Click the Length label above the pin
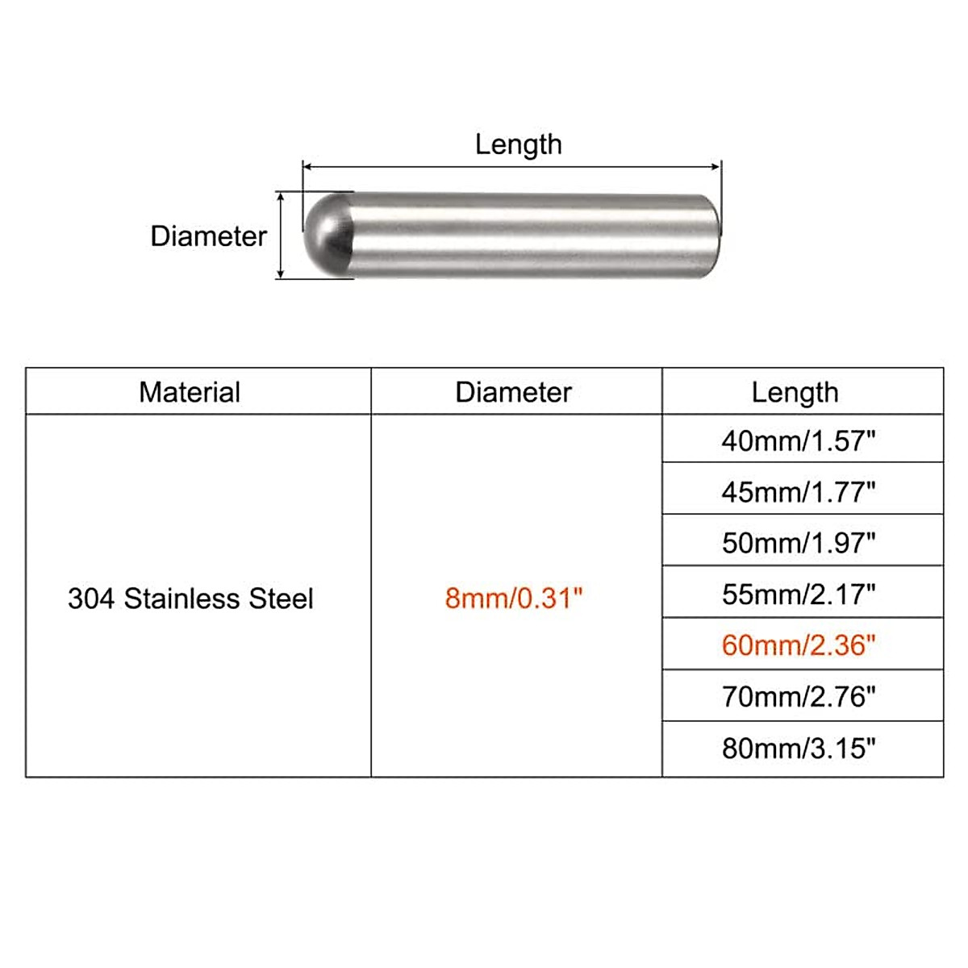coord(518,144)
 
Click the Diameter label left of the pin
coord(208,236)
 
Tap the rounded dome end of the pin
coord(326,236)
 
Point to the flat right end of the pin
coord(711,236)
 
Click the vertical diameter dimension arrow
coord(281,236)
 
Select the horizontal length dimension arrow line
coord(511,167)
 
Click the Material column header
coord(190,393)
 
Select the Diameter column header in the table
coord(513,393)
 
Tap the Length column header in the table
coord(795,393)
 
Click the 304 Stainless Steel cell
coord(190,599)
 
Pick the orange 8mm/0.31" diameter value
coord(513,599)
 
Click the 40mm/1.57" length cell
coord(799,440)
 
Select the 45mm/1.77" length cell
coord(799,491)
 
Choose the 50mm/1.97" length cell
coord(799,543)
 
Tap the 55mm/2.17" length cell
coord(799,595)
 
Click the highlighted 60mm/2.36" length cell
coord(799,645)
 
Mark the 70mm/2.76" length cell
coord(799,696)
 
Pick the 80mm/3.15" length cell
coord(799,749)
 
